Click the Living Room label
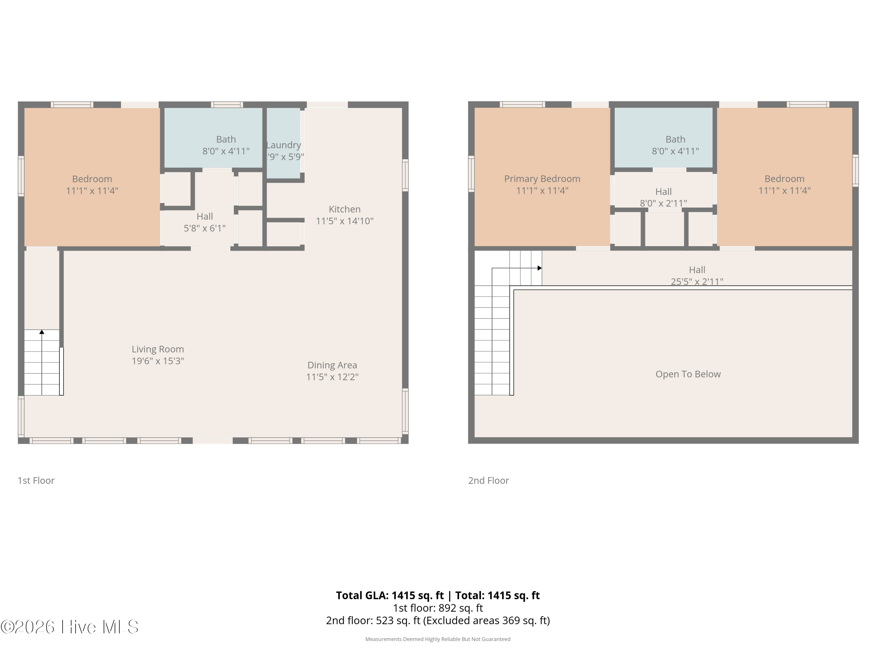pos(158,349)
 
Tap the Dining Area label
pos(332,365)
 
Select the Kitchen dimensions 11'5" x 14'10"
pos(345,221)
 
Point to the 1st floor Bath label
pos(226,139)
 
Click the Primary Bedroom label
pos(542,179)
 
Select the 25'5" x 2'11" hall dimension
pos(697,281)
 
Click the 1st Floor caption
pos(36,480)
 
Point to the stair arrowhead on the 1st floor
pos(41,332)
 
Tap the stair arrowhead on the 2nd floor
pos(539,268)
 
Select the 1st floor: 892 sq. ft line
pos(438,608)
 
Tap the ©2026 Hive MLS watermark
pos(70,627)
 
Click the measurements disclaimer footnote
pos(438,639)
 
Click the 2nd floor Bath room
pos(663,138)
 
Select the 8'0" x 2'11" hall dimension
pos(663,203)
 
